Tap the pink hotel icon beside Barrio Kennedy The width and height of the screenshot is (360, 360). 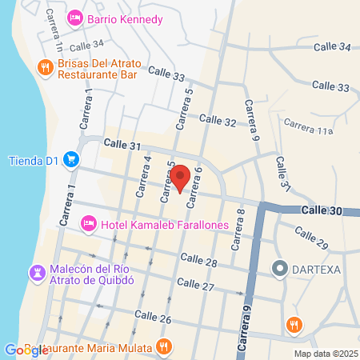[x=74, y=18]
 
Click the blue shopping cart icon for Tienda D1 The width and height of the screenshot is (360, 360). [x=73, y=159]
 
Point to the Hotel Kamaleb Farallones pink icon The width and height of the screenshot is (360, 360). [x=89, y=223]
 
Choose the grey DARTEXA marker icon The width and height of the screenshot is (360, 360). [x=279, y=268]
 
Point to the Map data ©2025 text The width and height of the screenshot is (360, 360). [x=324, y=353]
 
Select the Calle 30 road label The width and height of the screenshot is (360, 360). [x=322, y=209]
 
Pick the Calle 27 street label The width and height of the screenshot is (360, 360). [x=195, y=284]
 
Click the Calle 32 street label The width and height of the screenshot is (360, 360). [x=218, y=120]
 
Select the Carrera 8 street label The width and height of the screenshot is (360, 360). [x=239, y=230]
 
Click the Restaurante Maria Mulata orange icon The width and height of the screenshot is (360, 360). [x=163, y=346]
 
